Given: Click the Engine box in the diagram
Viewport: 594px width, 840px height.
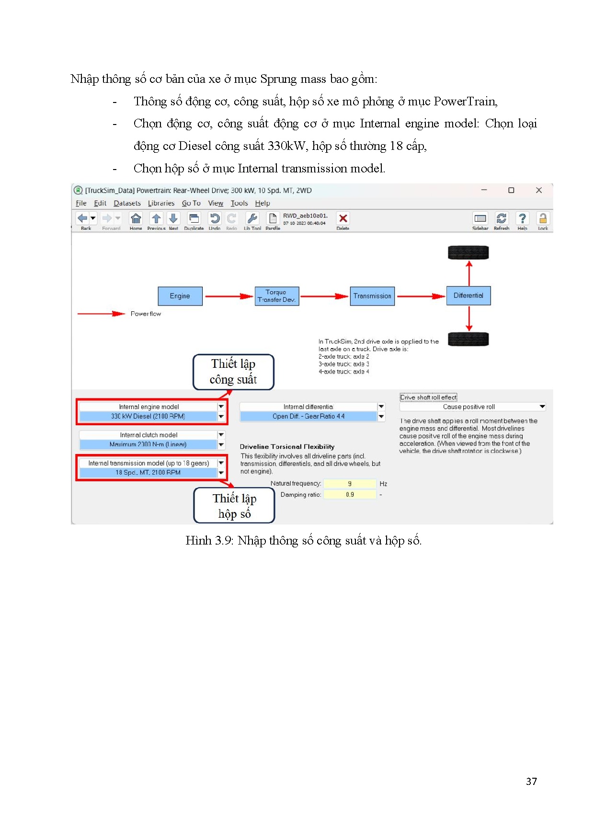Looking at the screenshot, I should pyautogui.click(x=180, y=296).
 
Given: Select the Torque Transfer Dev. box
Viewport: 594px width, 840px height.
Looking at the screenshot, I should pyautogui.click(x=276, y=296).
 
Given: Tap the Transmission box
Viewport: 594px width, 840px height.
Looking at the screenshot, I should pyautogui.click(x=372, y=296).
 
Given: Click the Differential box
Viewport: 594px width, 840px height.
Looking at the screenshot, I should pyautogui.click(x=468, y=295).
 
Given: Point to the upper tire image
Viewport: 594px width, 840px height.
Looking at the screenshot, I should pyautogui.click(x=468, y=252).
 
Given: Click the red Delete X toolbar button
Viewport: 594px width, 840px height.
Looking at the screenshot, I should pyautogui.click(x=343, y=218).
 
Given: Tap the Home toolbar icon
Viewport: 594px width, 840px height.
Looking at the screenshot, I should pyautogui.click(x=136, y=219).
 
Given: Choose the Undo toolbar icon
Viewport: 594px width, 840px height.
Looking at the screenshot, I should pyautogui.click(x=215, y=219).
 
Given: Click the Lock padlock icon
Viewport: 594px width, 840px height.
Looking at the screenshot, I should pyautogui.click(x=543, y=219).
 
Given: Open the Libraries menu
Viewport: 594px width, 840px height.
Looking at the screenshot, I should pyautogui.click(x=161, y=203).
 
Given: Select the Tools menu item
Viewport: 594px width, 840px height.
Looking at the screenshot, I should pyautogui.click(x=239, y=203).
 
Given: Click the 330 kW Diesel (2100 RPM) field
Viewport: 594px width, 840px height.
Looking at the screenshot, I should pyautogui.click(x=148, y=416).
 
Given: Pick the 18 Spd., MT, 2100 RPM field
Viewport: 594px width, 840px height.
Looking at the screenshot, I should pyautogui.click(x=148, y=472).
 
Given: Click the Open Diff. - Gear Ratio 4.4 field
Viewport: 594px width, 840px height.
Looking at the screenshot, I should pyautogui.click(x=308, y=416).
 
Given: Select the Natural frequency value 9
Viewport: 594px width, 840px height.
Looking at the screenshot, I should pyautogui.click(x=350, y=484).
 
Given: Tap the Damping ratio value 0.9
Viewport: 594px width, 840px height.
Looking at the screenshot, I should pyautogui.click(x=350, y=495).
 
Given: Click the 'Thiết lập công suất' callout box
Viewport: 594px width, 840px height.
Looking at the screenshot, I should pyautogui.click(x=233, y=372).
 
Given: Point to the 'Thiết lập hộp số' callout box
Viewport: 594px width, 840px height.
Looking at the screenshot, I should pyautogui.click(x=234, y=506).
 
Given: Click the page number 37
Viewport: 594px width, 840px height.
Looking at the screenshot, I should pyautogui.click(x=531, y=782).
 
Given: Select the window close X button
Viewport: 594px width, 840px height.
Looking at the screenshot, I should pyautogui.click(x=539, y=190).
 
